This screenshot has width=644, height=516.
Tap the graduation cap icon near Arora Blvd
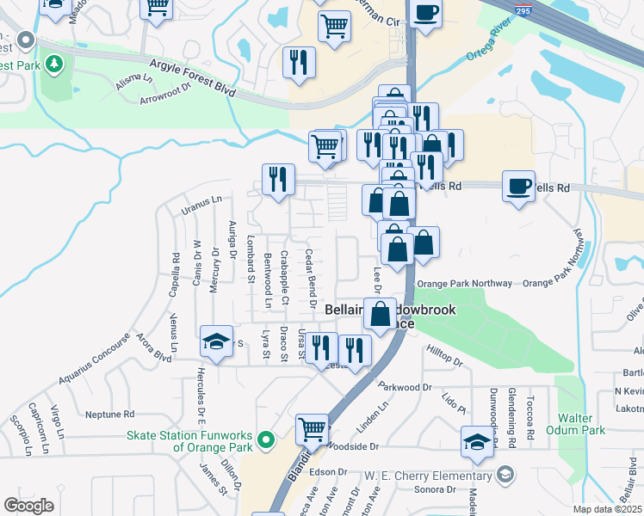click(217, 341)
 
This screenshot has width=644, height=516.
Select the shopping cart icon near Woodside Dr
click(312, 428)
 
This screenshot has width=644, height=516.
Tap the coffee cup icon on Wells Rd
click(518, 186)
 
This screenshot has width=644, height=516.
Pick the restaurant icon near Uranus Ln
click(278, 179)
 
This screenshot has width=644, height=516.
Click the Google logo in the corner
click(28, 506)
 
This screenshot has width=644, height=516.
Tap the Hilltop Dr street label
click(444, 354)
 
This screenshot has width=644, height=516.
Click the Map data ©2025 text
click(608, 509)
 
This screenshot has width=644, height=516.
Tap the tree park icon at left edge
click(54, 64)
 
